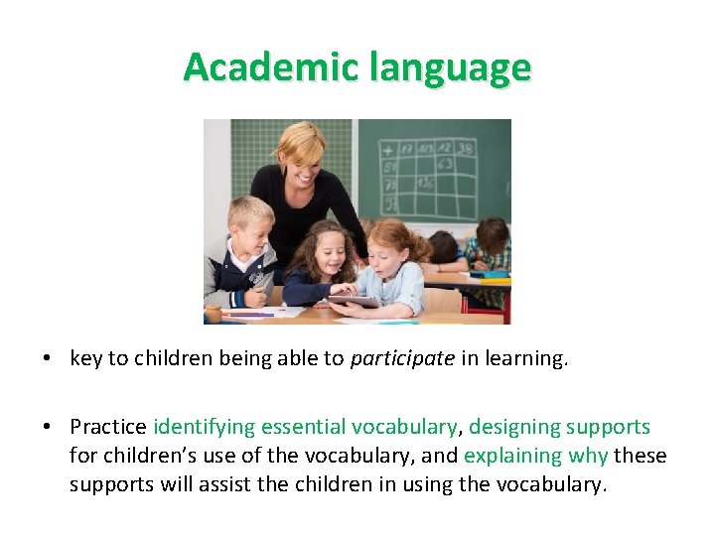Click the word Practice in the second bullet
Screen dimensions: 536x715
point(108,427)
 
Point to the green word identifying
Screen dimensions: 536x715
point(203,427)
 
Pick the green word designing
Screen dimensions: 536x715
point(514,427)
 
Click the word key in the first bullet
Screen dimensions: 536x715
point(85,358)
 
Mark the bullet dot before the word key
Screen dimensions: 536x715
point(48,359)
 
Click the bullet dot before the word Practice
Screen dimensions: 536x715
point(48,428)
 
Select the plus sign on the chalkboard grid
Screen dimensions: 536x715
point(386,150)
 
